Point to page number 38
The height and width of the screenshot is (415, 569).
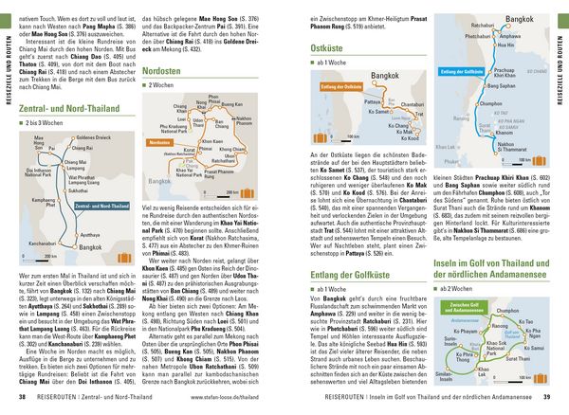[23, 396]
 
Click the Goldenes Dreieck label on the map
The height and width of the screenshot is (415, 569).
[94, 137]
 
